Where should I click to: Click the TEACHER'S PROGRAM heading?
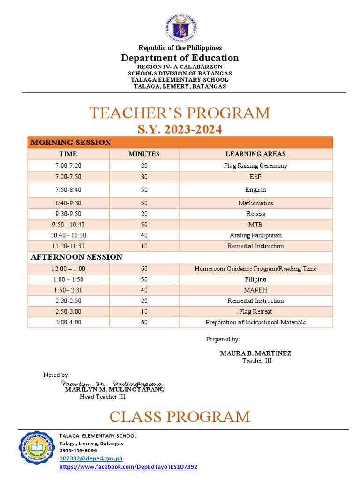coord(180,113)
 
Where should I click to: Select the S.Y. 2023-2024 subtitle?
coord(180,129)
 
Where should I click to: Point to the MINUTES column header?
coord(144,154)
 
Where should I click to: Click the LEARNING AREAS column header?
coord(255,154)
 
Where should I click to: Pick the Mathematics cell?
coord(255,203)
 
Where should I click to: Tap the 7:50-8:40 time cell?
coord(68,190)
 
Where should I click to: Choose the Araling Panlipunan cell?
coord(255,235)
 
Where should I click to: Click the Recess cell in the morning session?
coord(255,214)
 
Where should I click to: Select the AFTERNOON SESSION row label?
coord(76,257)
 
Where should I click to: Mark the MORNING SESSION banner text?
coord(71,142)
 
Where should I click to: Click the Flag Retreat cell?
coord(255,312)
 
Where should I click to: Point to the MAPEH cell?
coord(255,290)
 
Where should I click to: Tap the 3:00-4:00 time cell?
coord(68,322)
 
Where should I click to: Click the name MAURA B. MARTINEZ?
coord(255,353)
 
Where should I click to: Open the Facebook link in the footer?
coord(128,467)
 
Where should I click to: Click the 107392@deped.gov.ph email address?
coord(91,458)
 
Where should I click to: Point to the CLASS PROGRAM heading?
coord(180,416)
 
